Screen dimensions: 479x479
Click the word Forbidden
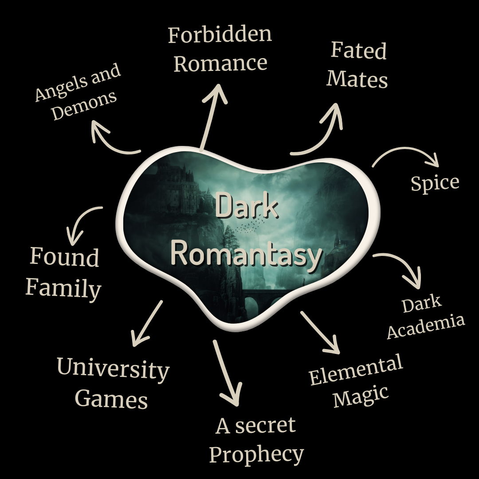(220, 35)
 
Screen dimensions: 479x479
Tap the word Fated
(359, 51)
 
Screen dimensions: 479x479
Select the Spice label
(435, 183)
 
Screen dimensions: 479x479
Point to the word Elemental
(356, 369)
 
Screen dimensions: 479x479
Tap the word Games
(111, 399)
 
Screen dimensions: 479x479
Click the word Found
(64, 257)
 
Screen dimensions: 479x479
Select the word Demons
(84, 106)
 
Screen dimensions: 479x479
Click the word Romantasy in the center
(246, 255)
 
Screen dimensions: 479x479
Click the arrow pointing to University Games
(147, 323)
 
